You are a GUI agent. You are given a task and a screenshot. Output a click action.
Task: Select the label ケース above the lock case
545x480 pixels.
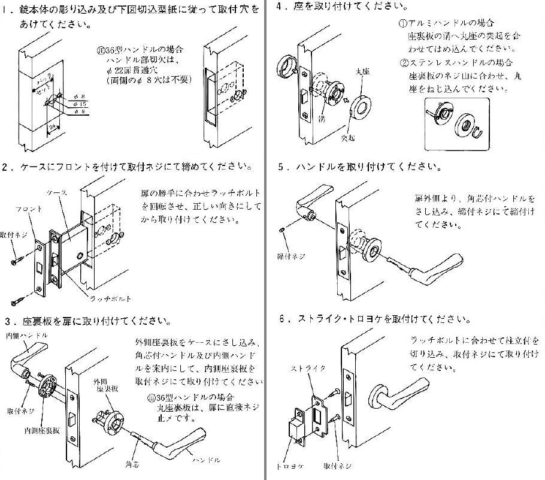click(x=58, y=192)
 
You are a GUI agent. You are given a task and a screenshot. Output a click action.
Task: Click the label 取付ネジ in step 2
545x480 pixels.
click(x=12, y=236)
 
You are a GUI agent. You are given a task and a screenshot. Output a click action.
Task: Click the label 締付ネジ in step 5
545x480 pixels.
click(x=292, y=256)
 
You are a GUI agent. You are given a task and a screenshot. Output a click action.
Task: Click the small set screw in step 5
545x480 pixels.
click(x=282, y=229)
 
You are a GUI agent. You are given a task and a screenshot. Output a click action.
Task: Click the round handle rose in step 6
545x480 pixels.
click(x=379, y=395)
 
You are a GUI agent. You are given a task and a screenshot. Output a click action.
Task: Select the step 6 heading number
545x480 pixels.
click(x=281, y=319)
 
